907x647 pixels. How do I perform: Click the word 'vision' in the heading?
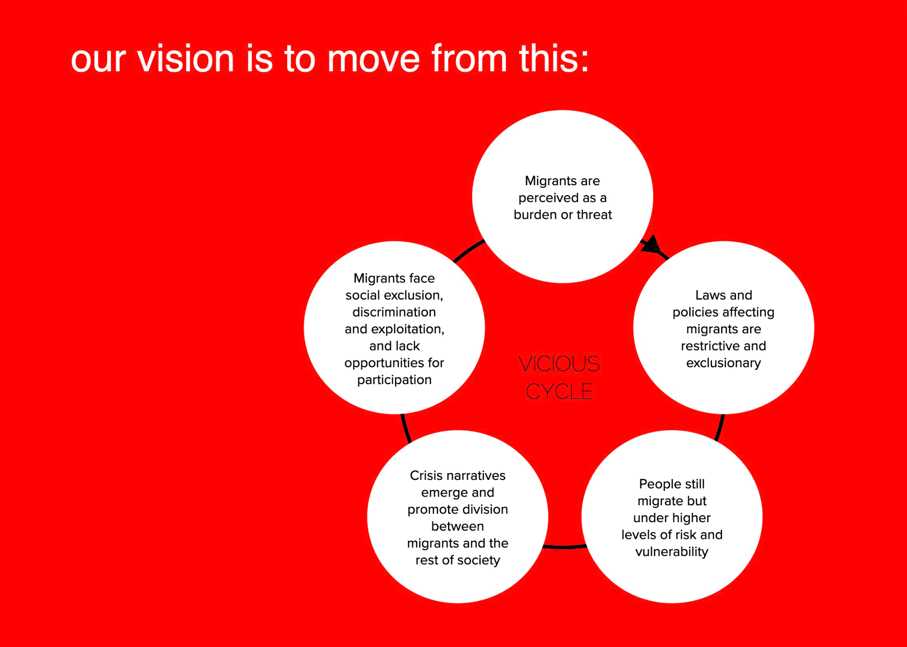point(185,59)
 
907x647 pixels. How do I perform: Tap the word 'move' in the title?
point(374,59)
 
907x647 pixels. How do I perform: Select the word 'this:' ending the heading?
point(554,59)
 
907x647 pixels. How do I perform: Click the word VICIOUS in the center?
point(559,364)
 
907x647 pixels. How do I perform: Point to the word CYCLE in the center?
point(560,391)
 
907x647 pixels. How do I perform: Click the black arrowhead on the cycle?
point(652,245)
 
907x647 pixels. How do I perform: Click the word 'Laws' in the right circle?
point(709,295)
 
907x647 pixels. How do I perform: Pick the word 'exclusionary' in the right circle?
point(723,363)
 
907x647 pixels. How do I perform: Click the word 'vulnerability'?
point(672,552)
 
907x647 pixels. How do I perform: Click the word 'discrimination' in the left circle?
point(394,312)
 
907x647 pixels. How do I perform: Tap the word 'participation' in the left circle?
point(394,380)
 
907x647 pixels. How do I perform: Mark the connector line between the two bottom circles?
point(564,547)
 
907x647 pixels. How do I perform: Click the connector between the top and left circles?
point(468,250)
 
